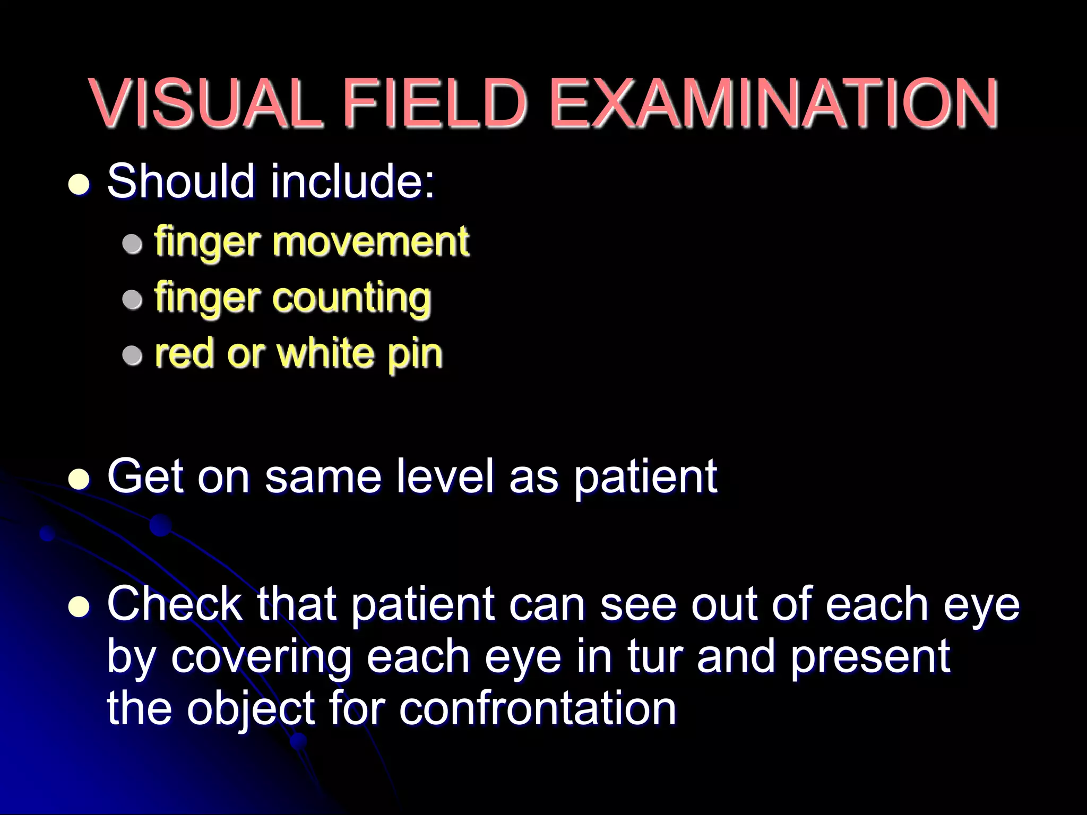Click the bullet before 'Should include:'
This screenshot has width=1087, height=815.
click(x=80, y=184)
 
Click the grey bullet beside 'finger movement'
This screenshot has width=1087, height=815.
click(x=132, y=244)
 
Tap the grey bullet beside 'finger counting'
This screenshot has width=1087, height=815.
click(x=132, y=300)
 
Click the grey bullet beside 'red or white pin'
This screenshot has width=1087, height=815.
click(x=132, y=356)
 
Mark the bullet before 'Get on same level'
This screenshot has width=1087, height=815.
click(x=80, y=479)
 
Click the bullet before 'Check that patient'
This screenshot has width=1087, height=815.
click(x=80, y=606)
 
